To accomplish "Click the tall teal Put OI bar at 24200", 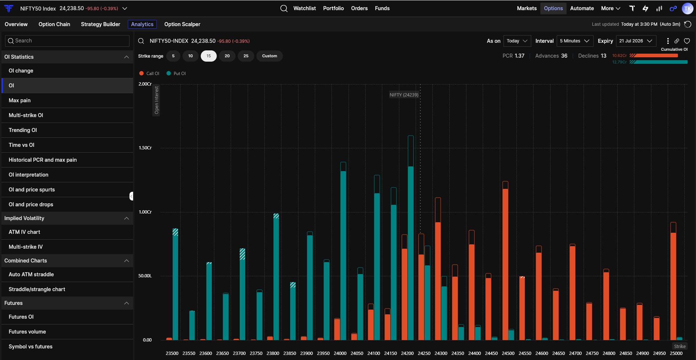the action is point(411,238).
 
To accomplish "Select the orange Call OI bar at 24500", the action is point(505,261).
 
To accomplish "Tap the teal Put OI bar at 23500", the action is point(175,284).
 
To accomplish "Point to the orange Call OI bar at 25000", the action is point(673,281).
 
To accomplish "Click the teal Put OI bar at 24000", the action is point(343,251).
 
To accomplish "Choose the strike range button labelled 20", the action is point(227,56).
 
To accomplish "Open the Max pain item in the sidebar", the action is point(20,100).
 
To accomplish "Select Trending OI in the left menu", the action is point(23,130).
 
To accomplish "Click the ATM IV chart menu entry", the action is point(24,232).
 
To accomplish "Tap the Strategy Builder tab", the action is point(100,24).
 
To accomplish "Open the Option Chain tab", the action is point(54,24).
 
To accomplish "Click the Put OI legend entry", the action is point(176,73).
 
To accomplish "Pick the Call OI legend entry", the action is point(149,73).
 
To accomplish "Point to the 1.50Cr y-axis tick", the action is point(145,148).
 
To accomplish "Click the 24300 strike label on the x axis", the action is point(441,353).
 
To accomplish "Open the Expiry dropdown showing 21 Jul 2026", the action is point(636,41).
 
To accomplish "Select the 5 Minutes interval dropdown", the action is point(574,41).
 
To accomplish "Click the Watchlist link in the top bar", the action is point(304,8).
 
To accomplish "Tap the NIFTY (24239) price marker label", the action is point(404,95).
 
